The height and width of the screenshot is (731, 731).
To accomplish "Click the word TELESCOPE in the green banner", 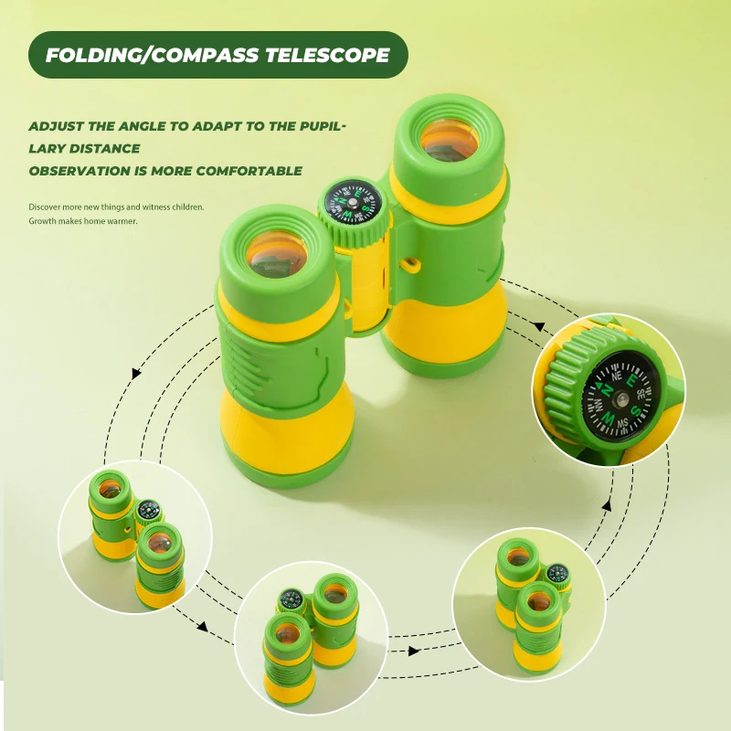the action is pos(327,55).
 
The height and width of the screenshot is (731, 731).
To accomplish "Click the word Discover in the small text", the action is pos(47,207).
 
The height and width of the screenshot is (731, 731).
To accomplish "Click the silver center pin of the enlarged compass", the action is pos(619,395).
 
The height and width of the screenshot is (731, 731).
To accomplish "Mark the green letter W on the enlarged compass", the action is pos(607,418).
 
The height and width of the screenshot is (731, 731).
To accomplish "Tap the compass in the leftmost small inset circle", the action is pos(148,509).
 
